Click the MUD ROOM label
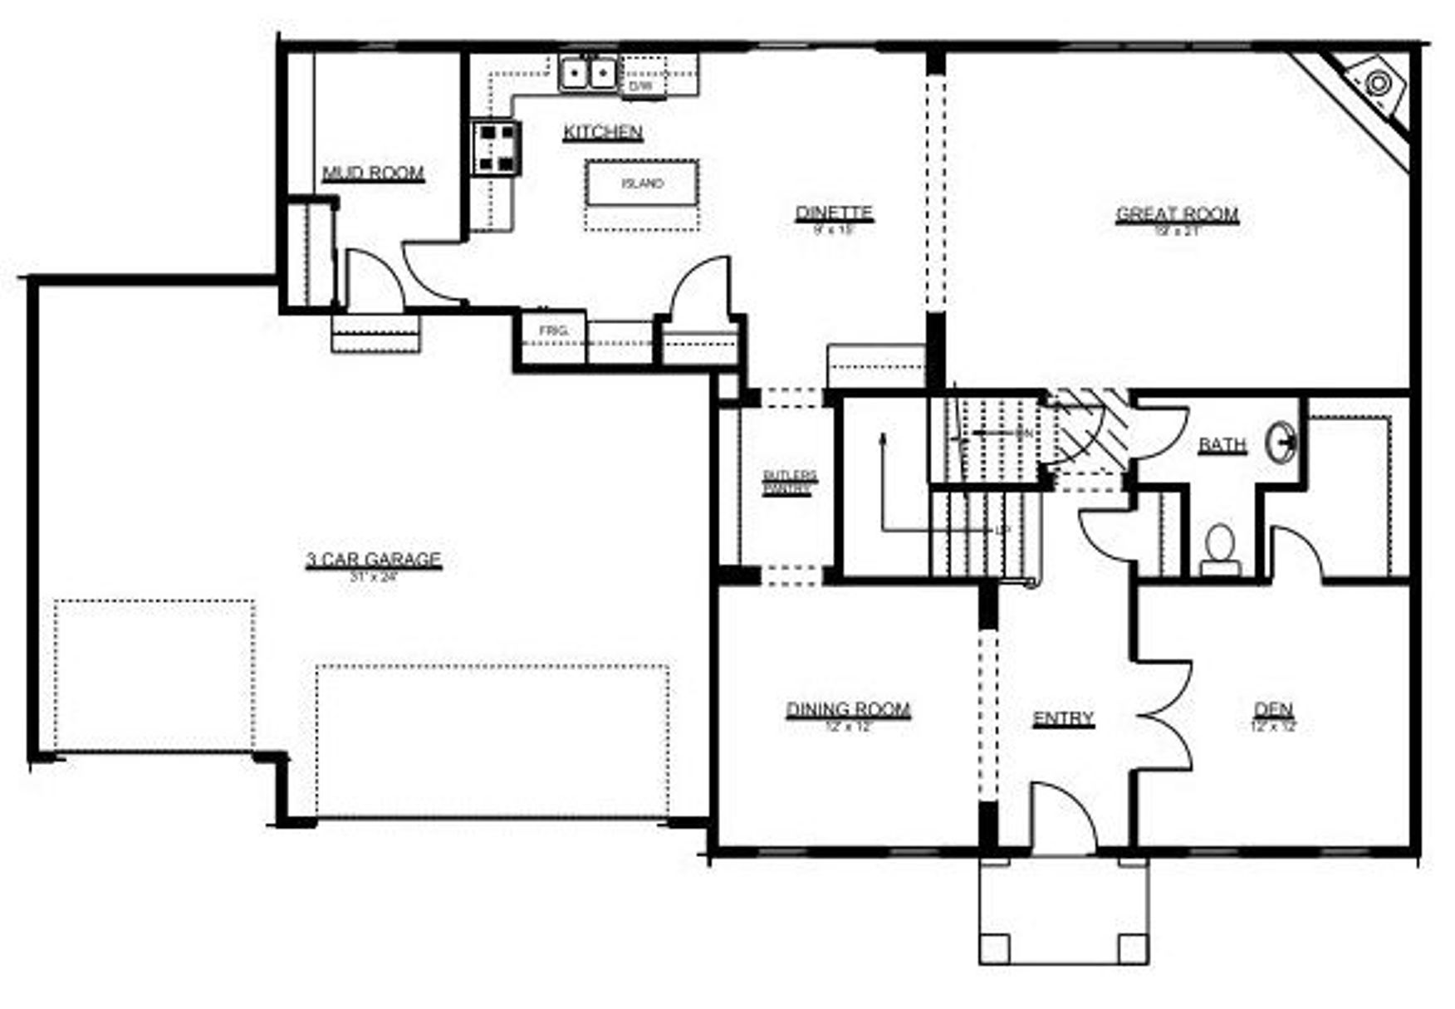(373, 173)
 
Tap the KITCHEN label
(603, 132)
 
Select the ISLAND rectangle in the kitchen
(642, 184)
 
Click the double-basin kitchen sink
(588, 73)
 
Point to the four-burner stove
(497, 148)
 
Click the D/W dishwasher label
(641, 86)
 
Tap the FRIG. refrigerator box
(553, 331)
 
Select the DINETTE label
(834, 213)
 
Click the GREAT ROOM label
(1177, 214)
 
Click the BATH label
(1222, 445)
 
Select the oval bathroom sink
(1281, 442)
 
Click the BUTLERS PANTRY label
(789, 482)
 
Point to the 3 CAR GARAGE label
(373, 560)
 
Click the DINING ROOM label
(848, 709)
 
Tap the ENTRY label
(1063, 718)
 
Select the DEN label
(1273, 709)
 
